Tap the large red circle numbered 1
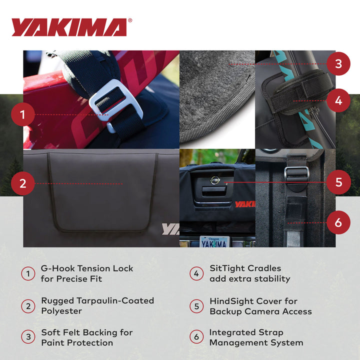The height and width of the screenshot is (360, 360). (22, 115)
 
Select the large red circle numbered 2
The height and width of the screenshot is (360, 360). (22, 183)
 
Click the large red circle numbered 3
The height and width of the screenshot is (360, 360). (338, 63)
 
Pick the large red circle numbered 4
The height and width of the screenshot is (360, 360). (338, 100)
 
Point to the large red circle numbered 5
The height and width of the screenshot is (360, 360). (338, 182)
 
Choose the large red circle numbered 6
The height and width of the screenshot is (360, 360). (338, 222)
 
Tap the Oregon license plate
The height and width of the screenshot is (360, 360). (214, 241)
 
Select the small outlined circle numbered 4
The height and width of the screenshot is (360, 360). (196, 273)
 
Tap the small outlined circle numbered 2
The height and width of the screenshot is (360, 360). (28, 305)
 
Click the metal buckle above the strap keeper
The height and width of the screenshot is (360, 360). (296, 172)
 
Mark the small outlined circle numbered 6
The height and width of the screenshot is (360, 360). (196, 337)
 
